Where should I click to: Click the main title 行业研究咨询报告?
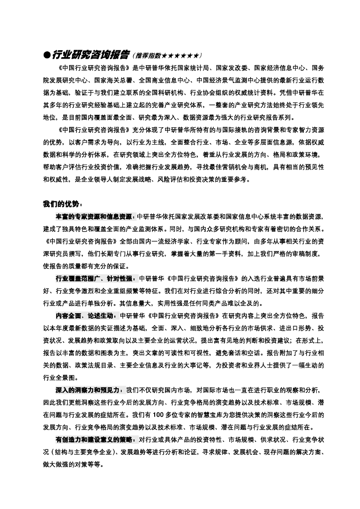click(x=90, y=54)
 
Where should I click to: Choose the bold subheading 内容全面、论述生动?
click(x=85, y=315)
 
